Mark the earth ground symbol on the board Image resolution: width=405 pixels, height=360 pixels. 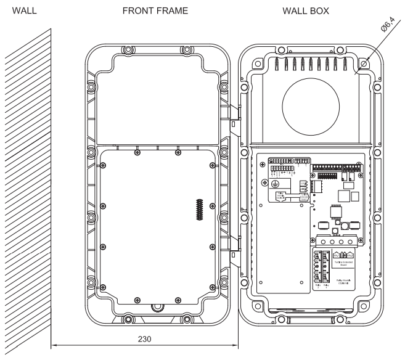(275, 184)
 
